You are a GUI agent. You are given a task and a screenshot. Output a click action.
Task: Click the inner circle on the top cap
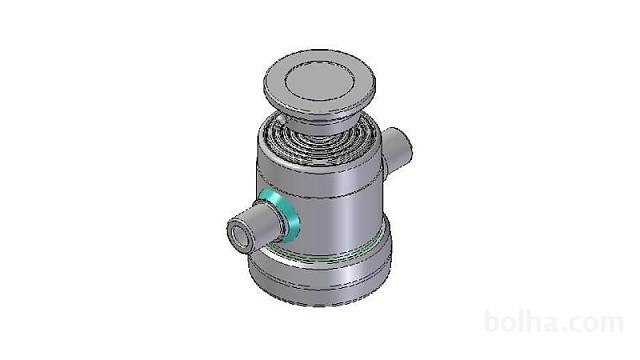click(x=319, y=84)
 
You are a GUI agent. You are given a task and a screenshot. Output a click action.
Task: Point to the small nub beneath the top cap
click(x=281, y=119)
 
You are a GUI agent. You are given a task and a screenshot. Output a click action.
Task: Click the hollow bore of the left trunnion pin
click(x=238, y=236)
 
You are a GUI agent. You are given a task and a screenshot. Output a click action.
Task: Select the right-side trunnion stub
click(x=396, y=150)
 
